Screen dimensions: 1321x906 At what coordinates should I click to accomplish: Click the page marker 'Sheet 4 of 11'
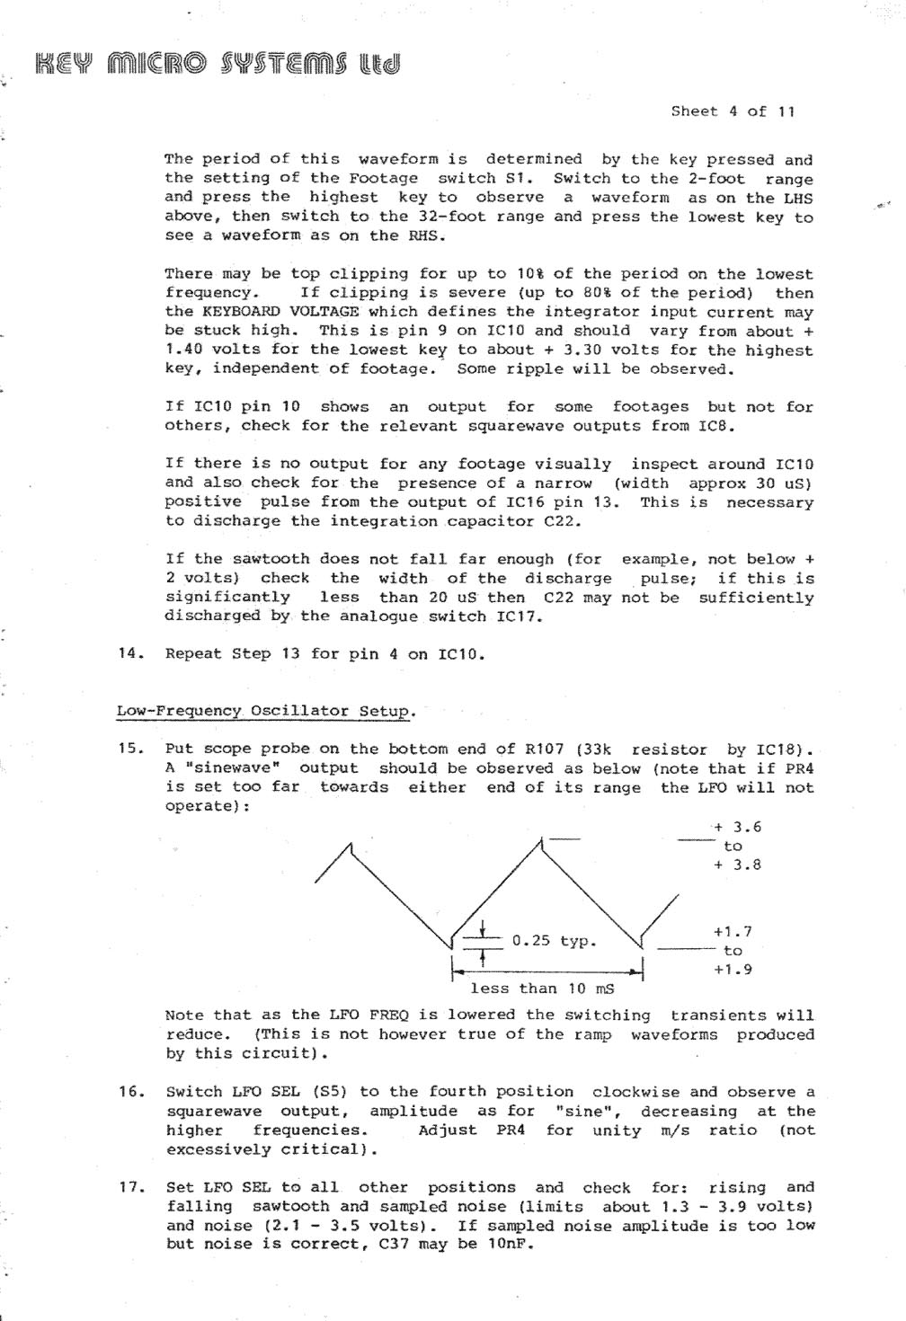coord(733,111)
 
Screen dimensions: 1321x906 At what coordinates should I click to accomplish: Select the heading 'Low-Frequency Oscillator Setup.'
coord(266,711)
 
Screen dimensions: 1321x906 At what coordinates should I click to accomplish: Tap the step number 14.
coord(130,653)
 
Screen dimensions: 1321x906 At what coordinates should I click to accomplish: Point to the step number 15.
coord(130,749)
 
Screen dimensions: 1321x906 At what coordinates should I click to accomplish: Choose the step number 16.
coord(130,1092)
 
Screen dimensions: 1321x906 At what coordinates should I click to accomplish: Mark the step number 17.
coord(130,1187)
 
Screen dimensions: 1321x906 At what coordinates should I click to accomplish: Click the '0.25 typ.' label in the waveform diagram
coord(554,941)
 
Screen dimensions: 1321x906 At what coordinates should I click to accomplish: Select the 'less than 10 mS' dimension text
coord(542,989)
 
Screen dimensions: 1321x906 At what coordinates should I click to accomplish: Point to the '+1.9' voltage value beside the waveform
coord(733,970)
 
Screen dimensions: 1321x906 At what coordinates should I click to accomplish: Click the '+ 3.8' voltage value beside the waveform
coord(737,865)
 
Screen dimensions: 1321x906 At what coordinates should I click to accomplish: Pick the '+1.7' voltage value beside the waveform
coord(733,932)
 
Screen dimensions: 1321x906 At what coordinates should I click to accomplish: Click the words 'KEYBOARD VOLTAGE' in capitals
coord(280,312)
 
